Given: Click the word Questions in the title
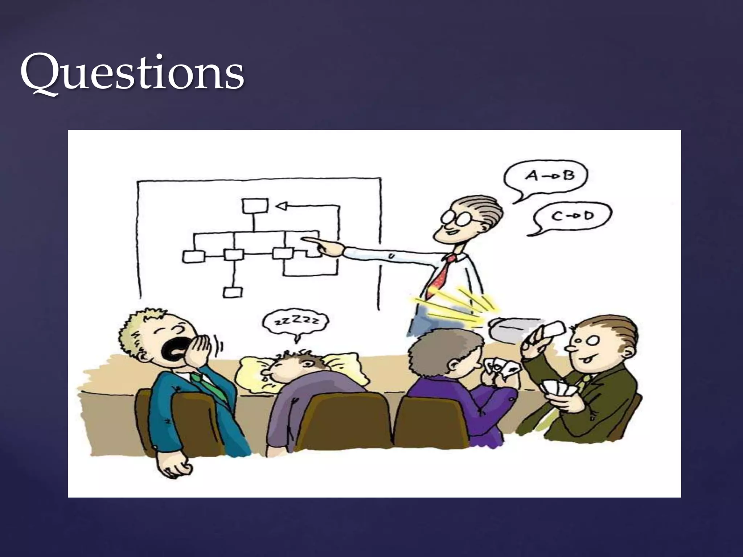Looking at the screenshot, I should coord(132,73).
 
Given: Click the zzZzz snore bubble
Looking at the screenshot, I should coord(296,321).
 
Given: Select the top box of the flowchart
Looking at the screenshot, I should coord(255,206).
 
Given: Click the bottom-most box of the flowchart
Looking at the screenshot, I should coord(233,292).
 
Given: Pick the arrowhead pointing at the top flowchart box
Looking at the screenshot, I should coord(282,206).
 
